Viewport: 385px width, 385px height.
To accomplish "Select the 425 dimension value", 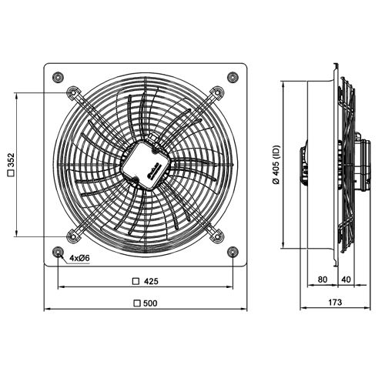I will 151,280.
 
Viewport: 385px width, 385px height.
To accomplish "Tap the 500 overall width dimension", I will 151,303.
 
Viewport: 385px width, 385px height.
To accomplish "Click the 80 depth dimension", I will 322,280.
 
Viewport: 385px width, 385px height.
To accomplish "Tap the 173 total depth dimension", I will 334,303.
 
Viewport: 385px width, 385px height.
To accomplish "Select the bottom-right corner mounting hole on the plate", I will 233,252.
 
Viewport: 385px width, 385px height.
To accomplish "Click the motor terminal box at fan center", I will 146,162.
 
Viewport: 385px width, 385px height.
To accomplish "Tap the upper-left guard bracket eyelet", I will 74,93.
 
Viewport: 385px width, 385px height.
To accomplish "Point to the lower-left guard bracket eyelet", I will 74,233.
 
